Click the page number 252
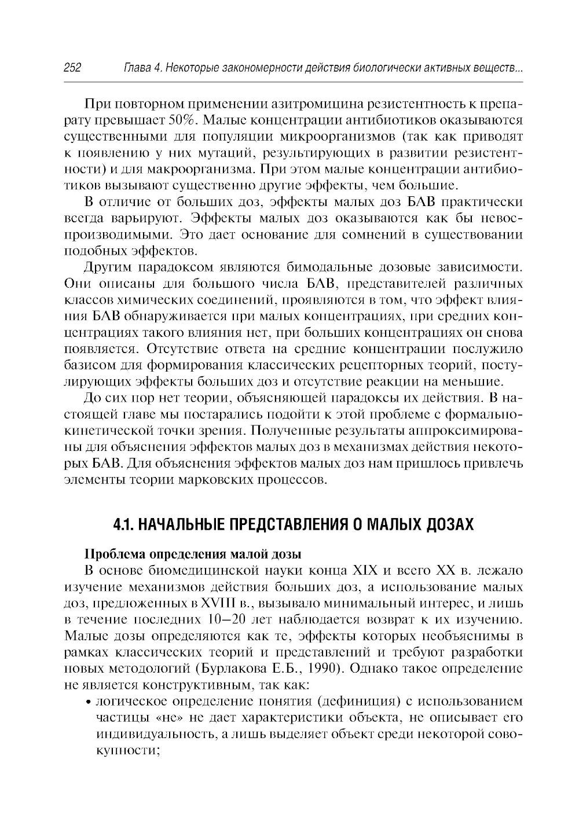pyautogui.click(x=72, y=69)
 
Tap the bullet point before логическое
pyautogui.click(x=88, y=702)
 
